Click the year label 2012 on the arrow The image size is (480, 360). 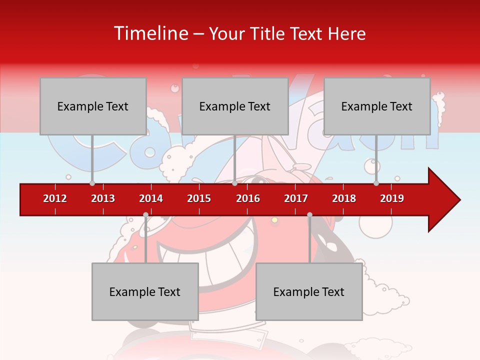[x=55, y=198]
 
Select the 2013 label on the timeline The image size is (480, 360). [x=103, y=198]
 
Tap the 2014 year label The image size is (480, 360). [x=151, y=198]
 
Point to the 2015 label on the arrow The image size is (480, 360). [x=199, y=198]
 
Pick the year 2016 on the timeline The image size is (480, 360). [x=248, y=198]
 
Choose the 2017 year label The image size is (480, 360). [x=296, y=198]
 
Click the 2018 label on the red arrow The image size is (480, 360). [x=344, y=198]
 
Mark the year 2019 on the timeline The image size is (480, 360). [x=392, y=198]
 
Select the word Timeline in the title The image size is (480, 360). [x=149, y=33]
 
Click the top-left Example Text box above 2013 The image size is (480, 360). [x=93, y=106]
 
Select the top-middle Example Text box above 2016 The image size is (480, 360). [x=235, y=106]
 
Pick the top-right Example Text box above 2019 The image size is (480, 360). [x=377, y=106]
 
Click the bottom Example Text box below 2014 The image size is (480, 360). [x=145, y=291]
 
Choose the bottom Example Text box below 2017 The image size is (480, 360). [x=309, y=291]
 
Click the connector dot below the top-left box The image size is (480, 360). [x=92, y=183]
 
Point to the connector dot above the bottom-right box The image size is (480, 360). [x=309, y=215]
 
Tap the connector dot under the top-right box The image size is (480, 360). [x=376, y=183]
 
